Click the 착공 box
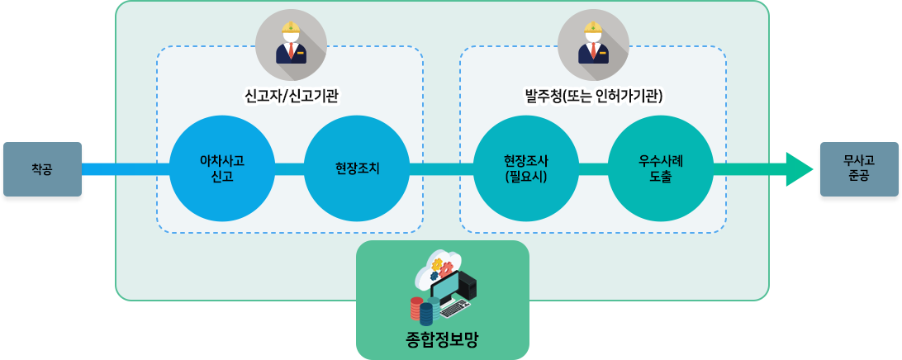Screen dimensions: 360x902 (41, 168)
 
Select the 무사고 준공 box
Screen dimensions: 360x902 (859, 168)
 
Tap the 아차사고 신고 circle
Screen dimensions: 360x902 (222, 168)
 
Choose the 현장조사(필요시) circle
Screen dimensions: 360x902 (526, 168)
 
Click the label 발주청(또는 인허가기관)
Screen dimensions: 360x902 (594, 97)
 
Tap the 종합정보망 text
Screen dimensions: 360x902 (442, 339)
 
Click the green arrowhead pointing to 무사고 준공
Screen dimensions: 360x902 (805, 168)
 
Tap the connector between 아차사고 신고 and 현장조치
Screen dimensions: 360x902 (290, 168)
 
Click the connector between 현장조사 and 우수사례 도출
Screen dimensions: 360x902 (593, 168)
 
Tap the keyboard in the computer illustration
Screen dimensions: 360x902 (454, 309)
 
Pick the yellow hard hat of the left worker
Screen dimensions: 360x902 (290, 28)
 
